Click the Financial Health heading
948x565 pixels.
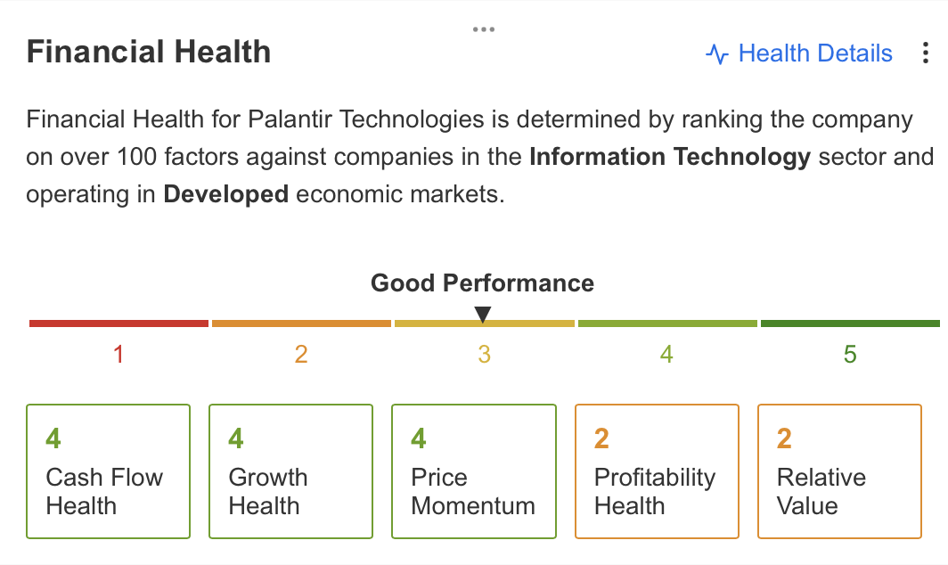tap(149, 52)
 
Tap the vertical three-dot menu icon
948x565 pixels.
tap(925, 53)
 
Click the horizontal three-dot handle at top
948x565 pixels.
tap(484, 29)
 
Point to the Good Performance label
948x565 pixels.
tap(483, 283)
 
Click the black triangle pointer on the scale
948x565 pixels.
tap(483, 315)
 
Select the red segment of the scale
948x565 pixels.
tap(119, 323)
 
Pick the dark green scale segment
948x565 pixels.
tap(850, 323)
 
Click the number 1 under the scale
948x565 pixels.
tap(118, 355)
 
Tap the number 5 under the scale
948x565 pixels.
tap(850, 355)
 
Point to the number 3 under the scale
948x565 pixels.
tap(484, 355)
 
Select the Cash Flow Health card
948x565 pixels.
tap(108, 471)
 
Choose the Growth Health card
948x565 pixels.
tap(290, 471)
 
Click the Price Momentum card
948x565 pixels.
tap(474, 471)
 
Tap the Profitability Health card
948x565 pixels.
tap(658, 471)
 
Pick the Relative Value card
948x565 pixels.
tap(840, 471)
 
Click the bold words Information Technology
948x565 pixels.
tap(670, 157)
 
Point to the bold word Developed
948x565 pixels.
tap(225, 195)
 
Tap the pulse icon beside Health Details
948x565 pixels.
tap(717, 53)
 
